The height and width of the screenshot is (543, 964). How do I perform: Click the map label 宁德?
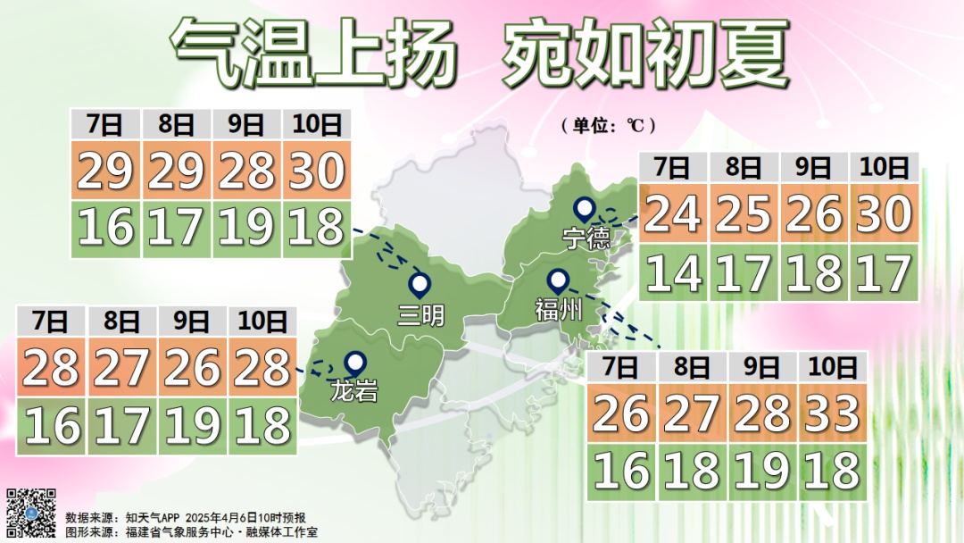click(x=586, y=238)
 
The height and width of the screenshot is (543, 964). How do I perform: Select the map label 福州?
click(x=559, y=311)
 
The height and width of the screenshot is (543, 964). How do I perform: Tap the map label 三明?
click(x=420, y=314)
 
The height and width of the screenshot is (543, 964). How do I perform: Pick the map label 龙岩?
click(x=353, y=390)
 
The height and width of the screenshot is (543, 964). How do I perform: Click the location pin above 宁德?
click(x=585, y=210)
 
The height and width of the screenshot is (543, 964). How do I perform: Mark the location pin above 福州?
click(x=559, y=282)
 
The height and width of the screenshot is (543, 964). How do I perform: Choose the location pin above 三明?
click(x=420, y=286)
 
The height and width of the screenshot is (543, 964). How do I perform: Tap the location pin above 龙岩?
click(x=356, y=363)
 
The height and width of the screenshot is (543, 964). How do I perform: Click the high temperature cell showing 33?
click(x=832, y=412)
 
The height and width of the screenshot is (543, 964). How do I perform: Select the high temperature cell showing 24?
click(x=672, y=213)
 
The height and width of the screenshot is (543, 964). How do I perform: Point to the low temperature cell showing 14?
click(x=672, y=272)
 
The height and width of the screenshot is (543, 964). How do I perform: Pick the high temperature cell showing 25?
click(x=744, y=213)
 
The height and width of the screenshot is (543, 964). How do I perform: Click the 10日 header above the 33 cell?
click(x=832, y=366)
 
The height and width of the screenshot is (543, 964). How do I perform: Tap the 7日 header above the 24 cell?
click(x=672, y=167)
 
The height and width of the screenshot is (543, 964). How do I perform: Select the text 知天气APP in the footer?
click(x=154, y=517)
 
